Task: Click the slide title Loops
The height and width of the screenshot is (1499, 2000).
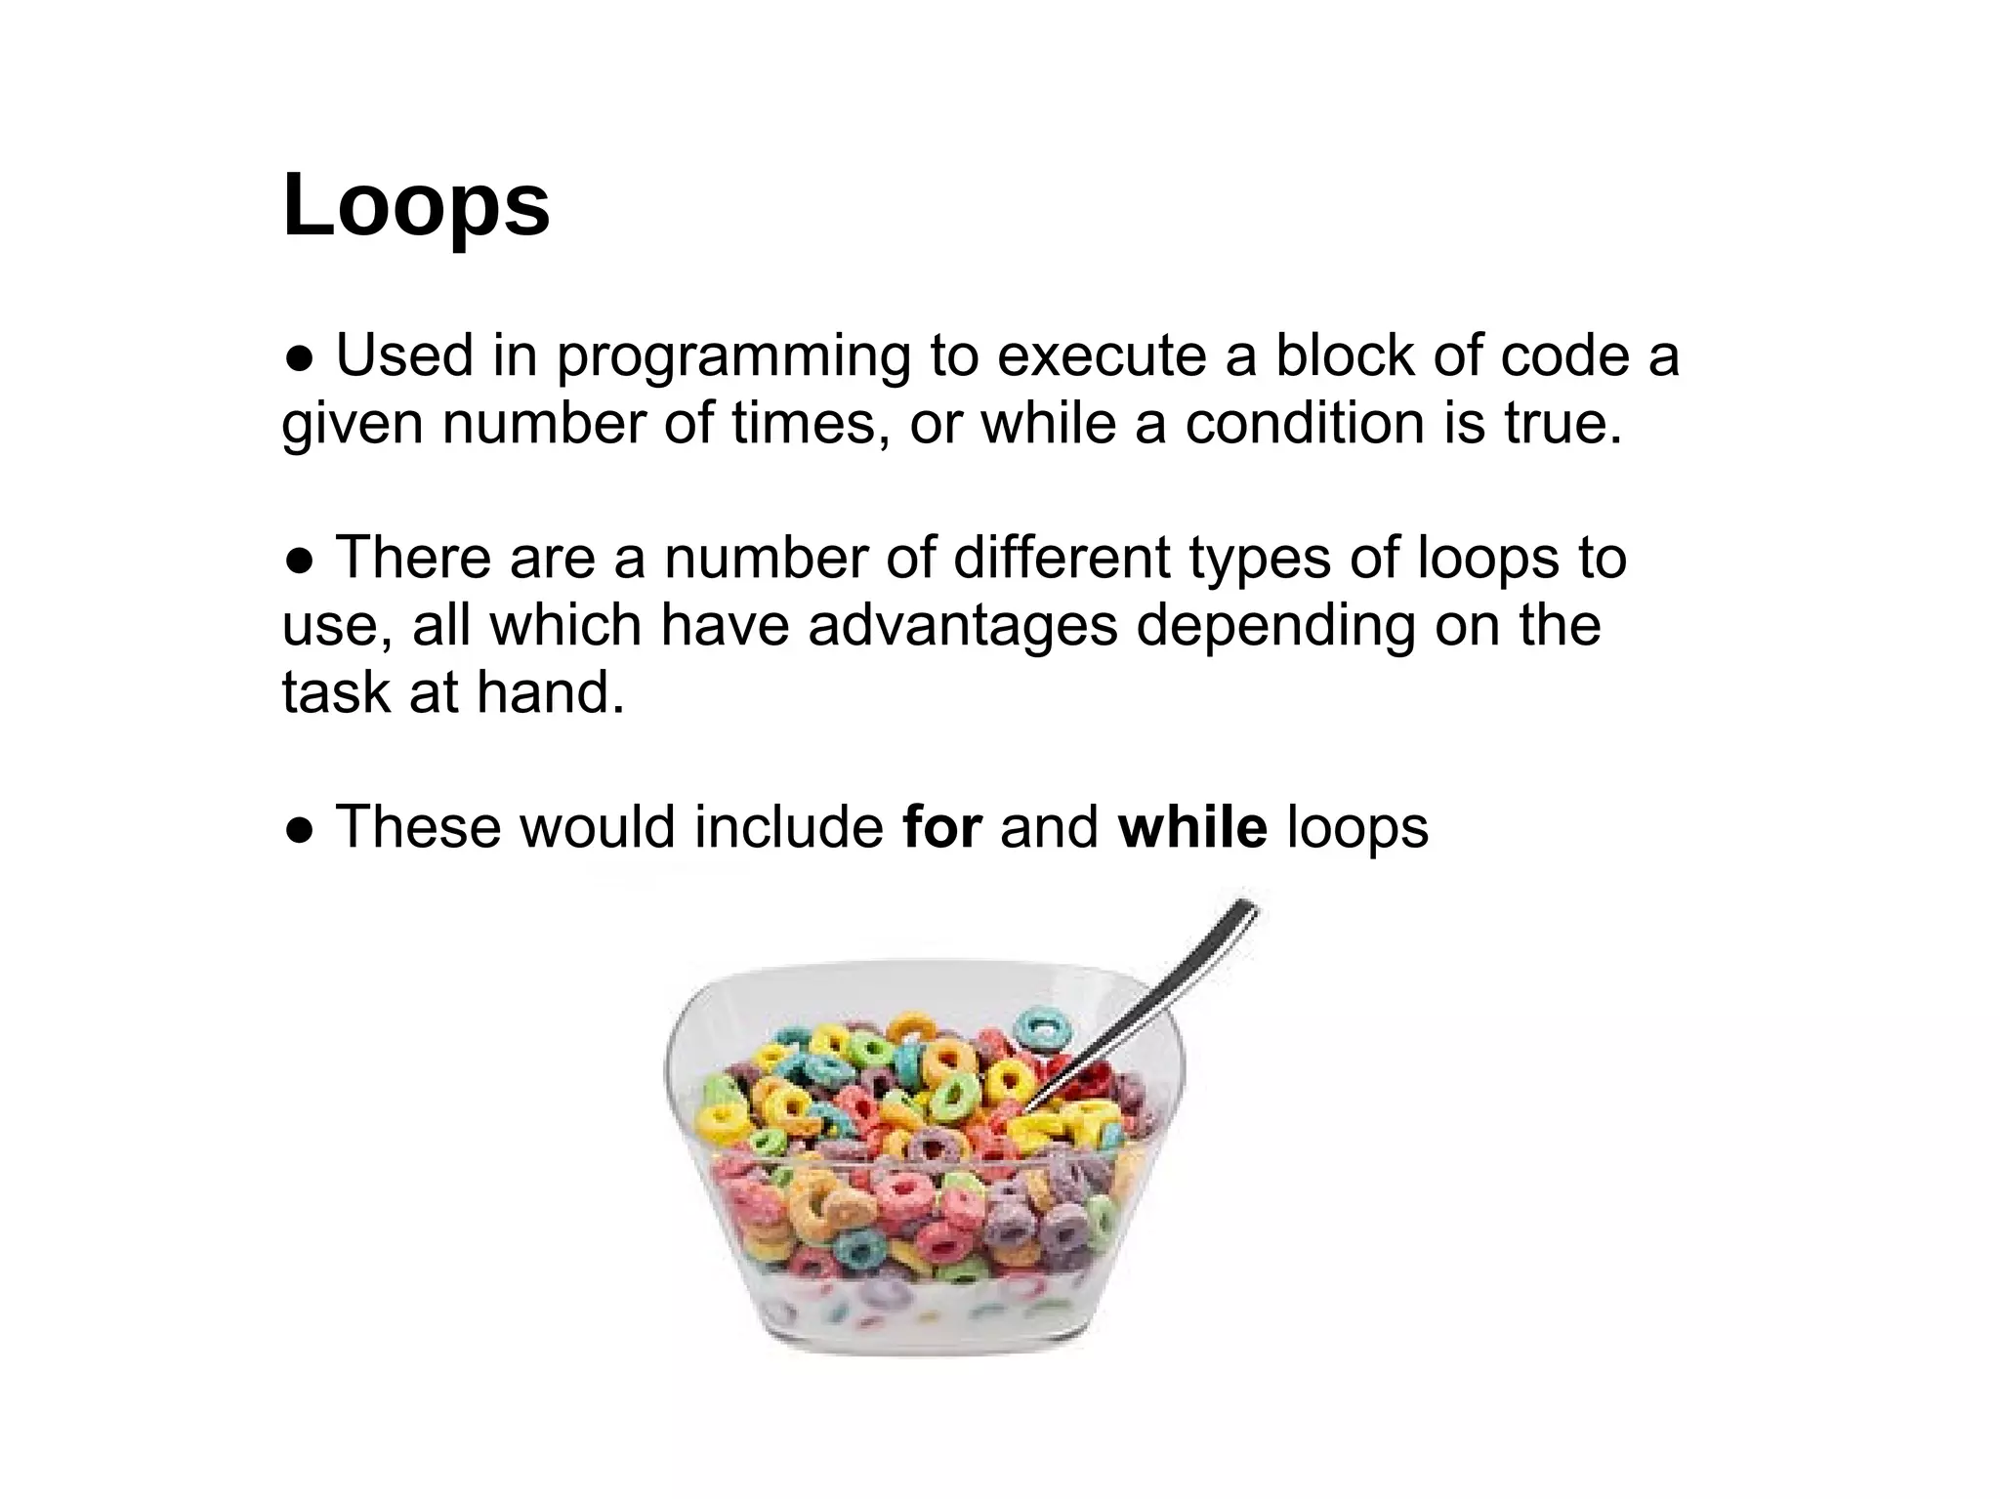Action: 416,205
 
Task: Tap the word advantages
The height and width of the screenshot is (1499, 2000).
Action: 962,626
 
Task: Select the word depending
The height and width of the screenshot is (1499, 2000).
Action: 1274,628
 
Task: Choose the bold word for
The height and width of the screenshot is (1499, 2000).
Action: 941,827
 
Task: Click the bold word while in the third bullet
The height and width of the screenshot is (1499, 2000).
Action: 1192,827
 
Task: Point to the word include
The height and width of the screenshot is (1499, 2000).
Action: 789,827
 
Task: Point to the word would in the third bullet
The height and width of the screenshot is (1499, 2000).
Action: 597,827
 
